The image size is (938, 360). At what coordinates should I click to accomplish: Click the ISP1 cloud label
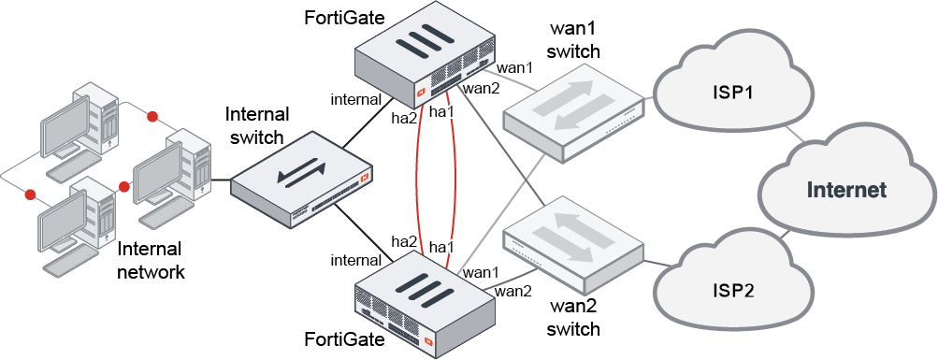733,94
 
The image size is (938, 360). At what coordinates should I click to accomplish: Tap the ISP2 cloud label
733,291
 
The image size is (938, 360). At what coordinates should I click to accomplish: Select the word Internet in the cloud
846,190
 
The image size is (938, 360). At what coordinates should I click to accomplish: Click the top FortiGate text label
344,18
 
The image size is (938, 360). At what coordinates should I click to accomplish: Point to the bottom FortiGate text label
344,339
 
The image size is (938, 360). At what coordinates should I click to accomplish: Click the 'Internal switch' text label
256,125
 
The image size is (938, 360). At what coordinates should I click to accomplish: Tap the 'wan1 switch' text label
573,40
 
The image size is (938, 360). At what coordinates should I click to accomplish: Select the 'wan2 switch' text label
572,318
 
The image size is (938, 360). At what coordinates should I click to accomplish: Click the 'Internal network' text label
151,261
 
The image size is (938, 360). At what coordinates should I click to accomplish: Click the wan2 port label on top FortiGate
482,90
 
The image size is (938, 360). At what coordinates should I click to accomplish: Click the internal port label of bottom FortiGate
356,260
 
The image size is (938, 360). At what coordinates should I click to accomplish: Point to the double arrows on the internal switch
301,174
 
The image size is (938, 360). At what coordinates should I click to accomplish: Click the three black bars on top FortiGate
422,42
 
